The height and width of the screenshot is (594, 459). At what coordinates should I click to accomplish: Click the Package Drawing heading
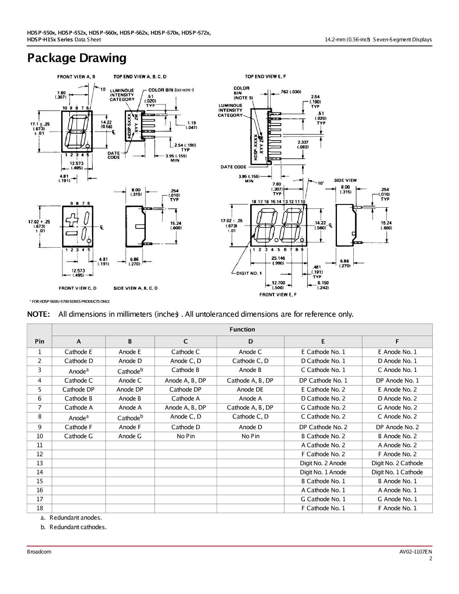[77, 58]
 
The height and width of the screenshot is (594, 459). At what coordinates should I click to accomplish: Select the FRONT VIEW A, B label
[76, 77]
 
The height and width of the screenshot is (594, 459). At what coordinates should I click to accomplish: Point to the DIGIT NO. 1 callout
[249, 273]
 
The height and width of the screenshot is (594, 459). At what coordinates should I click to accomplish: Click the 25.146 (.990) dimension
[278, 260]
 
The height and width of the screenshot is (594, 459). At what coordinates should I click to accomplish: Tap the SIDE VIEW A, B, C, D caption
[135, 288]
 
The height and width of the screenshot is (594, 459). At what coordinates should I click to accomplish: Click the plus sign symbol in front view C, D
[71, 220]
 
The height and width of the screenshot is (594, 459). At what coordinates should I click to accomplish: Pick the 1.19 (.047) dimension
[191, 125]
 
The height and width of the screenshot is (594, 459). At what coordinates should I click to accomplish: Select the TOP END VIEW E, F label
[265, 76]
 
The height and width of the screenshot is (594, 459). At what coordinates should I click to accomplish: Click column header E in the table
[323, 341]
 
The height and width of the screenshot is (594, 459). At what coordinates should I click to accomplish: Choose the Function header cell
[242, 329]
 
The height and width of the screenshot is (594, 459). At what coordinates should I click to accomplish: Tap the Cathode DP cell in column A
[78, 389]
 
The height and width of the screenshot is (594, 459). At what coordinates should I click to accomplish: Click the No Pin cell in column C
[185, 436]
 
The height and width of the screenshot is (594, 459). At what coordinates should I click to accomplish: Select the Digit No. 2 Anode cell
[323, 463]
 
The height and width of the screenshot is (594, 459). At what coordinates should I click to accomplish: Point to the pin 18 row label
[40, 508]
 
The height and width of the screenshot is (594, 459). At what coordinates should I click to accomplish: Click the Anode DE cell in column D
[250, 389]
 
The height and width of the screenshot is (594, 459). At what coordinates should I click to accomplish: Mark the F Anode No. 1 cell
[397, 508]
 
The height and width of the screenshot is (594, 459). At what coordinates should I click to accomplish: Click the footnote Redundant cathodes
[78, 527]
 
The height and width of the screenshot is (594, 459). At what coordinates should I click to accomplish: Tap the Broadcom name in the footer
[39, 552]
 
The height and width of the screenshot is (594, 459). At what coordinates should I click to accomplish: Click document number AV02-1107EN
[415, 552]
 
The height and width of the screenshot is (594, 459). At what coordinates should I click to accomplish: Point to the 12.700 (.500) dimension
[278, 285]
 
